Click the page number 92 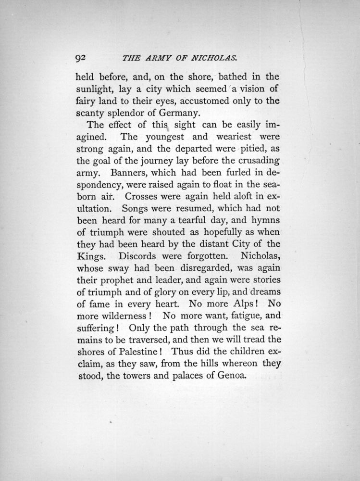[x=80, y=58]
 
